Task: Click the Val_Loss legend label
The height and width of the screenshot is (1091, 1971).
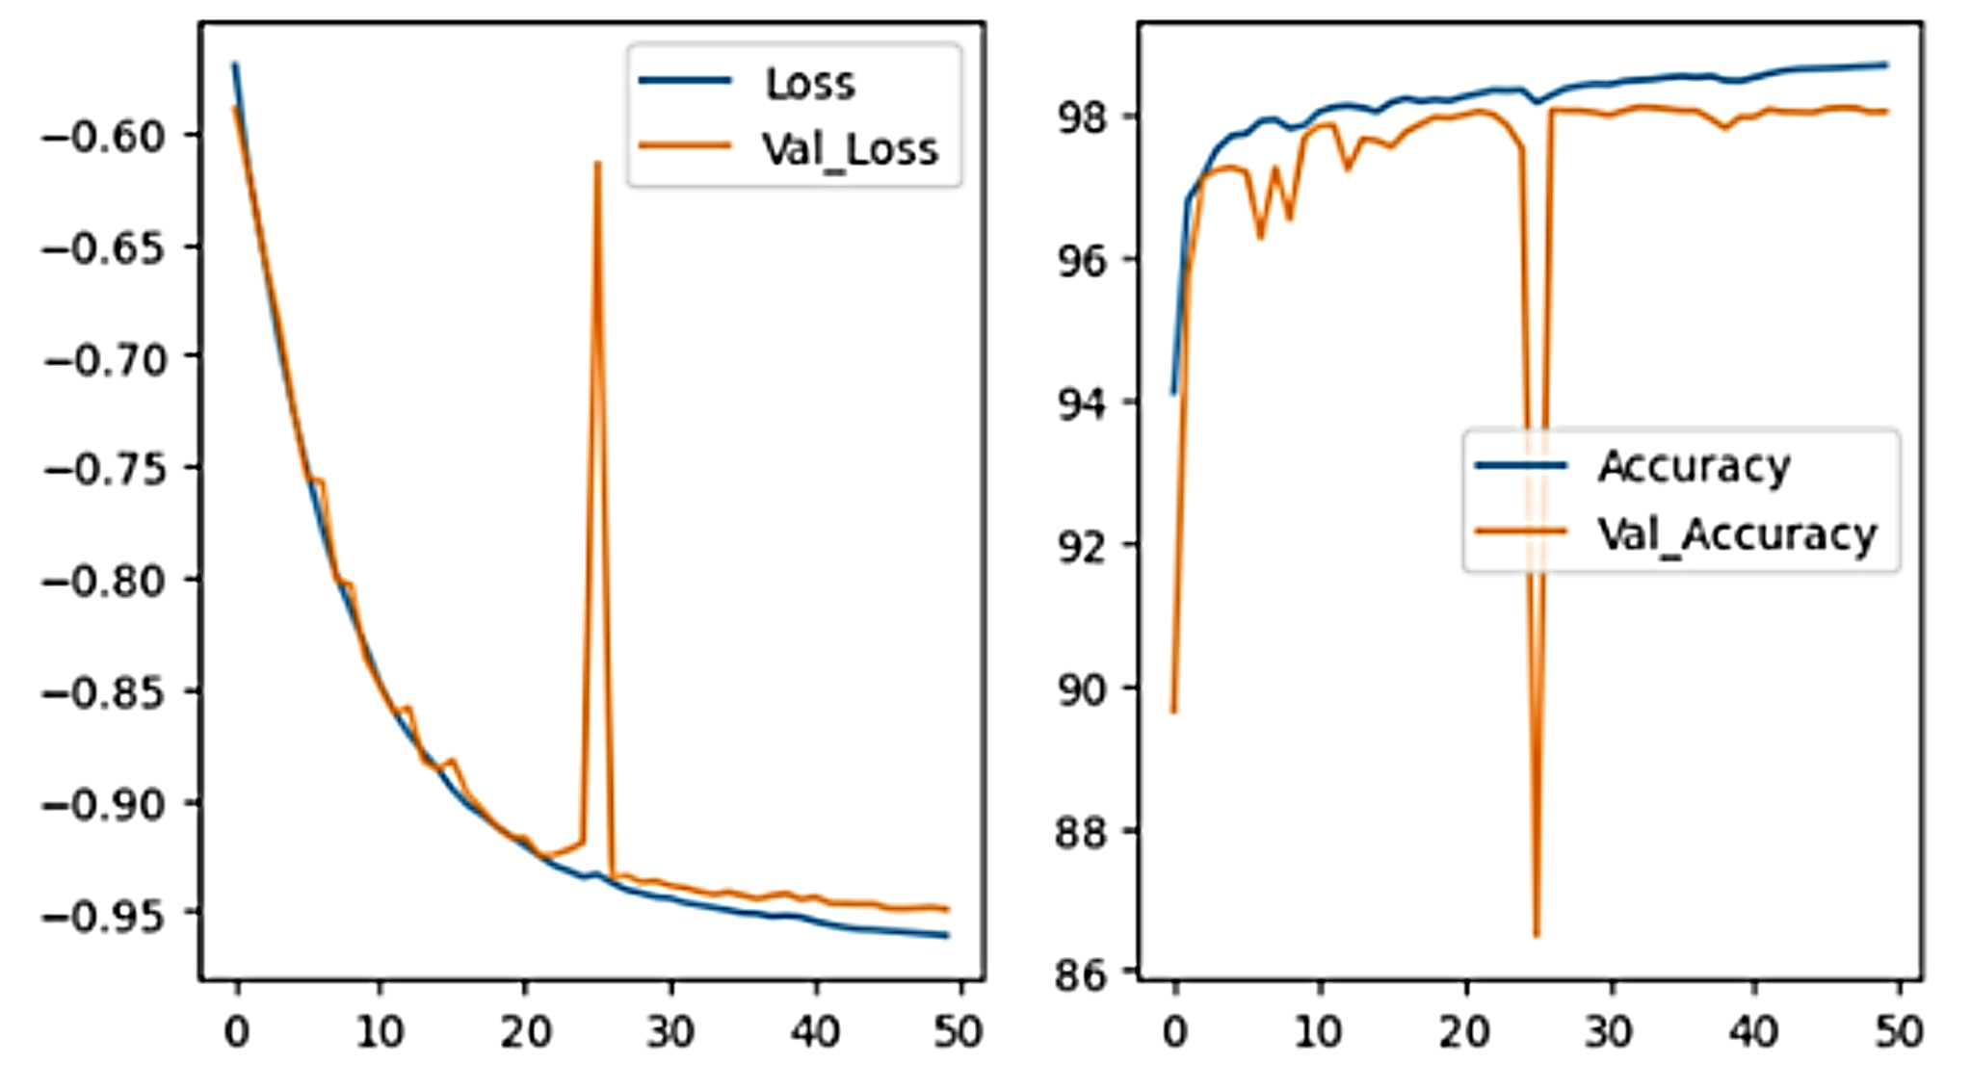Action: point(850,149)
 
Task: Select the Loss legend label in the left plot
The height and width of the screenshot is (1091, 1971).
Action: point(809,84)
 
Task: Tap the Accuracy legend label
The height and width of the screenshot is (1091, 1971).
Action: point(1694,467)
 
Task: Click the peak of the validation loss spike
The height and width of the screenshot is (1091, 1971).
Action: point(598,163)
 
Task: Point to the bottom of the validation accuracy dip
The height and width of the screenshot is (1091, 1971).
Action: point(1537,935)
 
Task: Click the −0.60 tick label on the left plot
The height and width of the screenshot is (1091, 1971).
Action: point(104,136)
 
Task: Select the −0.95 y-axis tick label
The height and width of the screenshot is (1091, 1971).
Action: point(104,916)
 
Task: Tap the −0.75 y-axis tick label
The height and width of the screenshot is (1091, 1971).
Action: point(104,470)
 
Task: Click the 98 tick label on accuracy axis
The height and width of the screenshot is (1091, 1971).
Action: point(1084,117)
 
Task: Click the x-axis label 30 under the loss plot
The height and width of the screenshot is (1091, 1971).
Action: point(670,1032)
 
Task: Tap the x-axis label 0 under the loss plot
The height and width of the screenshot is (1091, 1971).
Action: point(237,1032)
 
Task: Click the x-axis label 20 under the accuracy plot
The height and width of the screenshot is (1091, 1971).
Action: point(1464,1032)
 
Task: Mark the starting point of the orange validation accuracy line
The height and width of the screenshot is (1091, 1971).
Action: point(1173,712)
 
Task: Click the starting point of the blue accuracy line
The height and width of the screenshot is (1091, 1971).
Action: point(1173,393)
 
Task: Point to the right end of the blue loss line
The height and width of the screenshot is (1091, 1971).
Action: point(948,935)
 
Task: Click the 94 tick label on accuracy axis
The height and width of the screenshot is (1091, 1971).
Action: point(1084,403)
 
